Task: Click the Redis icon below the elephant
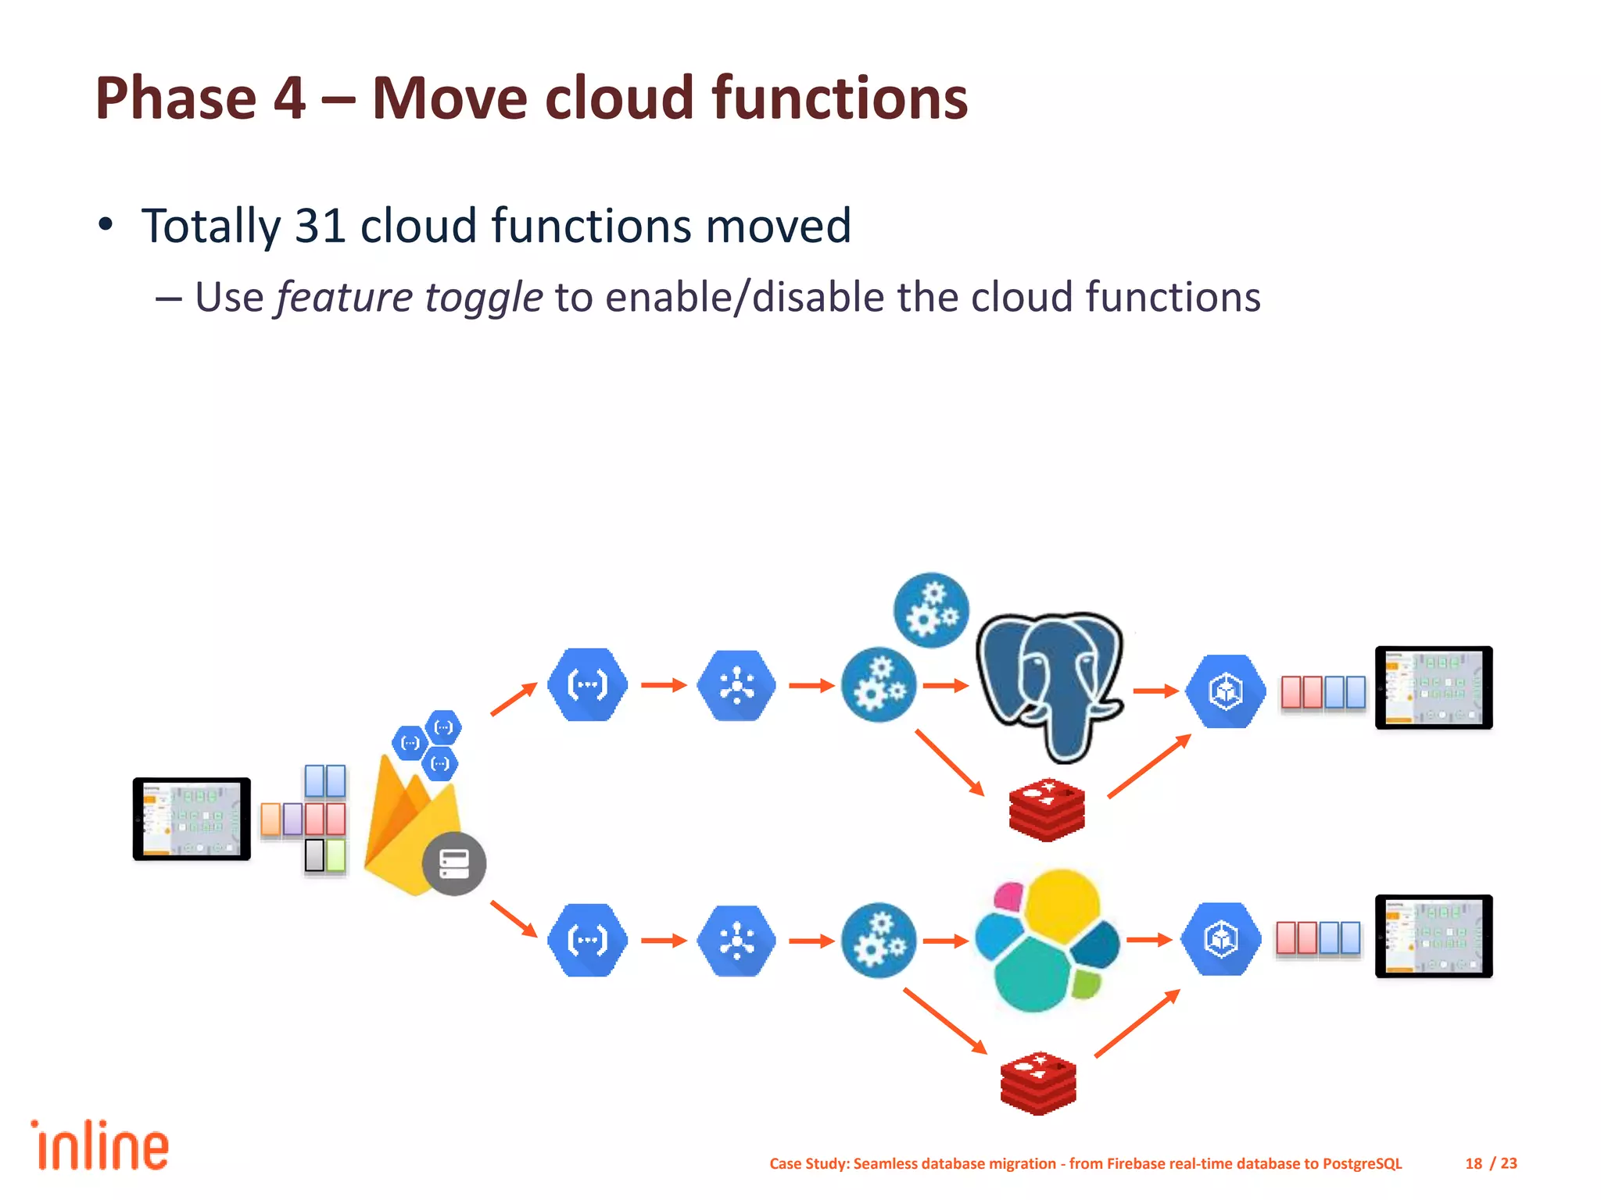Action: pyautogui.click(x=1047, y=810)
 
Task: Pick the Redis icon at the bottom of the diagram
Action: pyautogui.click(x=1038, y=1083)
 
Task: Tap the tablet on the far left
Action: pyautogui.click(x=192, y=819)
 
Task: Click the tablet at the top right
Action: pyautogui.click(x=1434, y=687)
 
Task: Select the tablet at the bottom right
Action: pyautogui.click(x=1434, y=936)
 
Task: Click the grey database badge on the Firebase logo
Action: pyautogui.click(x=454, y=863)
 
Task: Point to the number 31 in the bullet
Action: pyautogui.click(x=321, y=226)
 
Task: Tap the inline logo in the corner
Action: pyautogui.click(x=100, y=1146)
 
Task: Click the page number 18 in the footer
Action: pyautogui.click(x=1474, y=1163)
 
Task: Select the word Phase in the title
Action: pyautogui.click(x=176, y=98)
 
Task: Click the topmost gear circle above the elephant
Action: pyautogui.click(x=931, y=610)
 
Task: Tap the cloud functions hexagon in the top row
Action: pyautogui.click(x=588, y=684)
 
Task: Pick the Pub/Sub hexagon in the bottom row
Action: pyautogui.click(x=736, y=941)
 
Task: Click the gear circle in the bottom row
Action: pyautogui.click(x=879, y=941)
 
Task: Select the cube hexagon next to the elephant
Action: pyautogui.click(x=1225, y=691)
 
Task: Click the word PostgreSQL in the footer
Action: pyautogui.click(x=1362, y=1163)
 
